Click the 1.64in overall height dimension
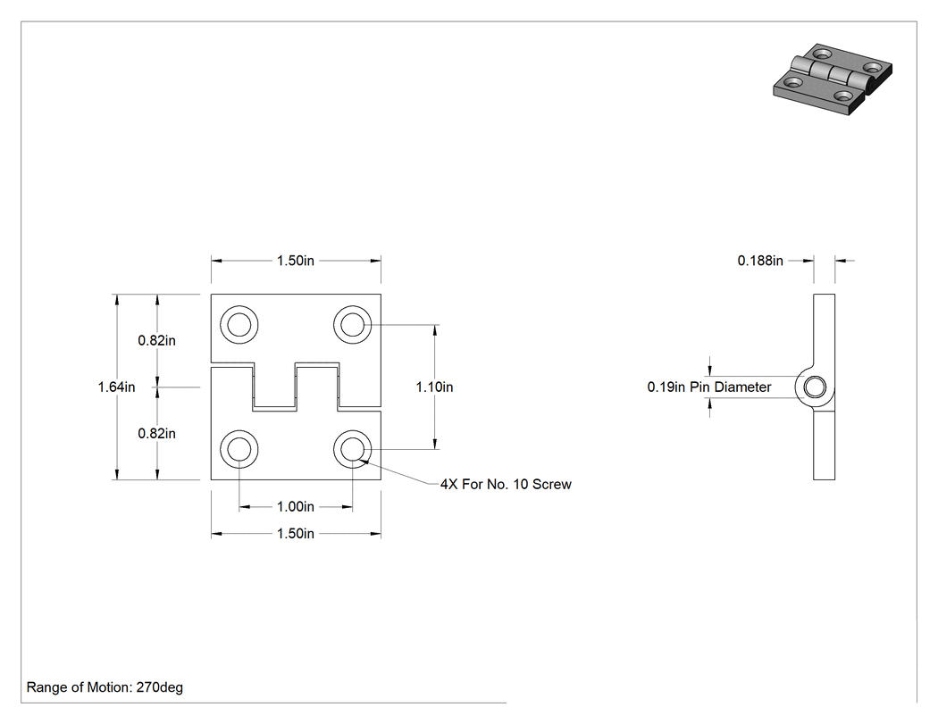coord(117,387)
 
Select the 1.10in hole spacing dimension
coord(434,387)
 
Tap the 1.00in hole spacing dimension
coord(296,506)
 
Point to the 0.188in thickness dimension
coord(759,261)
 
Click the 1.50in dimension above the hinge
coord(296,261)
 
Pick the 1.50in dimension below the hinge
coord(296,533)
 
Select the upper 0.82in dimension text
coord(156,340)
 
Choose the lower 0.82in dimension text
coord(156,434)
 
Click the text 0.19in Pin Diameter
coord(709,387)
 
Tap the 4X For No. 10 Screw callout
coord(507,484)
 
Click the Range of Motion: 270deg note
coord(105,687)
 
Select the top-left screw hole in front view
coord(239,325)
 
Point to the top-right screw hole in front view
coord(352,325)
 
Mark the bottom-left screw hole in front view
coord(239,449)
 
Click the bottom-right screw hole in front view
coord(352,449)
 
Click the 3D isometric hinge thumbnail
coord(833,79)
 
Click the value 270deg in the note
coord(160,687)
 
